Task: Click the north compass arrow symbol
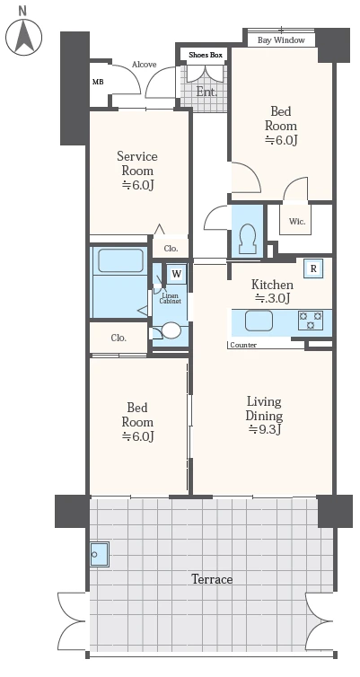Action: tap(23, 37)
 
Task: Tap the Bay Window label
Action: tap(281, 40)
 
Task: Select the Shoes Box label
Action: tap(206, 55)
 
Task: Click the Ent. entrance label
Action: tap(206, 92)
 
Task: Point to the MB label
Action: tap(98, 82)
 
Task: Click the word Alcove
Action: tap(145, 65)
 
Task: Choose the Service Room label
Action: tap(137, 170)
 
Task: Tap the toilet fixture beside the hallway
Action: tap(248, 239)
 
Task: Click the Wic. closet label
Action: tap(297, 222)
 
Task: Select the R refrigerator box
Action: tap(314, 268)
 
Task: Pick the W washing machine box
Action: tap(177, 274)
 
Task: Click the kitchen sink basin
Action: tap(259, 321)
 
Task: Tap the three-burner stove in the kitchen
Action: tap(311, 321)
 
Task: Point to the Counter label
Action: tap(243, 345)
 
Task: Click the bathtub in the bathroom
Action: tap(120, 260)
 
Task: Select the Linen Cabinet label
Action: tap(170, 298)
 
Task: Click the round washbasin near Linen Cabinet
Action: tap(171, 330)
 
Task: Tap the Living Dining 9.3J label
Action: tap(264, 416)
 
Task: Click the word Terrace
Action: tap(212, 579)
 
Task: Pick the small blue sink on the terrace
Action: tap(100, 554)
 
